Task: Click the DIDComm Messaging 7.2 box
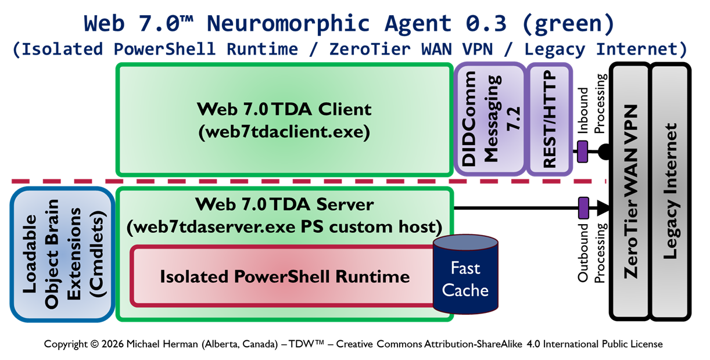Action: (x=489, y=119)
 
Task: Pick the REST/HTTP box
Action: (x=549, y=119)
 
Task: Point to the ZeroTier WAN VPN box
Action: (x=629, y=192)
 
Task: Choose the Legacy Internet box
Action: (x=670, y=192)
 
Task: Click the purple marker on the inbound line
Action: (x=583, y=152)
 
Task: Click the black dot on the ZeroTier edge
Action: (x=604, y=152)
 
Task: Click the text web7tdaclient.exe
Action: (x=284, y=132)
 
